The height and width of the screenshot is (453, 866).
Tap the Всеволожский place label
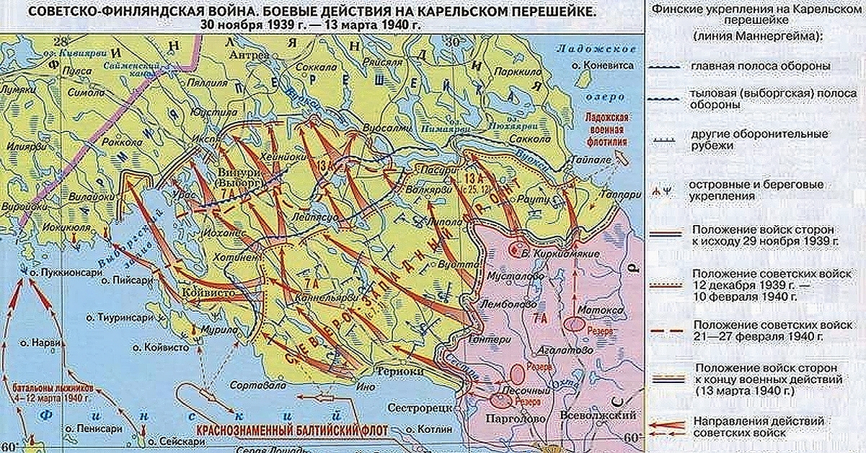click(x=598, y=416)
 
